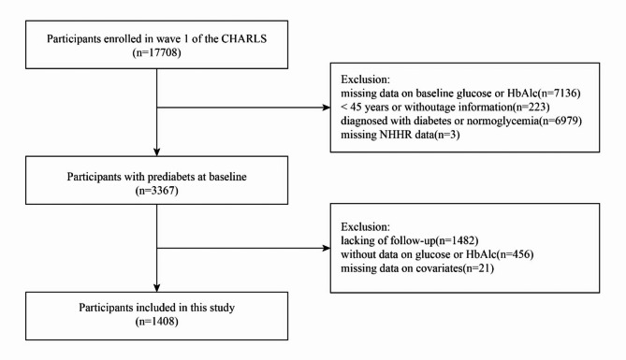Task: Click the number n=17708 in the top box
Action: [157, 52]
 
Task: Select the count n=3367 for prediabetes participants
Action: [157, 191]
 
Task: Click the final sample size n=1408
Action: [157, 322]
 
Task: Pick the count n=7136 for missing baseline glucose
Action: [561, 94]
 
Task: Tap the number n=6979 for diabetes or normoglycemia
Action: [562, 121]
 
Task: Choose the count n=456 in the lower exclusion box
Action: [517, 254]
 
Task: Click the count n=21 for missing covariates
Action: [481, 267]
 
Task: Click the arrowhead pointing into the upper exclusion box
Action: [327, 108]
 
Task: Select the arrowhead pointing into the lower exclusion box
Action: [327, 248]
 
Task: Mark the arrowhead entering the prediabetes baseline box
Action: [157, 151]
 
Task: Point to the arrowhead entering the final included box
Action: [157, 288]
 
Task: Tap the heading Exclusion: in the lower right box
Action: [365, 226]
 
